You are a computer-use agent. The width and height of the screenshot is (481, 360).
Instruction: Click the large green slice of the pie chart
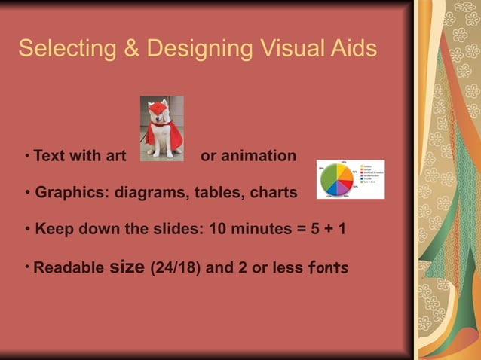tap(329, 181)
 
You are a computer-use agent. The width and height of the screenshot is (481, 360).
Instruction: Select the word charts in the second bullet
tap(274, 193)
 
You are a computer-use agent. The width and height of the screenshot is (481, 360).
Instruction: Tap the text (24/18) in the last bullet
tap(176, 267)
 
